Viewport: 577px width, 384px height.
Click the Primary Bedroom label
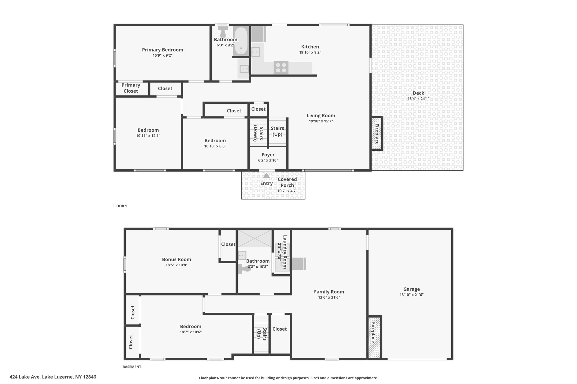tap(163, 50)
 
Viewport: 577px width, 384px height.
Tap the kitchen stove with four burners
tap(281, 68)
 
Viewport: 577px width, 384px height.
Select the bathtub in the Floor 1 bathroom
tap(240, 41)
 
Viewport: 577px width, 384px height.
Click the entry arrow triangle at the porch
tap(267, 176)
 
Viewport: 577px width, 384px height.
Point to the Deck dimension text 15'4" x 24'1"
tap(418, 99)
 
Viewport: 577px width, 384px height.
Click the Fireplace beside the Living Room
tap(377, 134)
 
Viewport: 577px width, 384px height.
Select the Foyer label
tap(268, 155)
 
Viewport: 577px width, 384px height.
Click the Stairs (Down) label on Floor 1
tap(258, 133)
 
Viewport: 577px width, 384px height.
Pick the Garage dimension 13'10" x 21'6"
tap(412, 295)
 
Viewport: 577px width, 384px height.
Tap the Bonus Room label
tap(176, 260)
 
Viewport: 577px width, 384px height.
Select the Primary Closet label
tap(131, 88)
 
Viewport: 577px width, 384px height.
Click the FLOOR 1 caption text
tap(120, 206)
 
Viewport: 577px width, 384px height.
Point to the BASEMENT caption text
tap(132, 367)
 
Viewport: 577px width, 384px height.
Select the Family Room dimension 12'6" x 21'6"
tap(329, 297)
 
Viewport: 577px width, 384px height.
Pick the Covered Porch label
tap(287, 182)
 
